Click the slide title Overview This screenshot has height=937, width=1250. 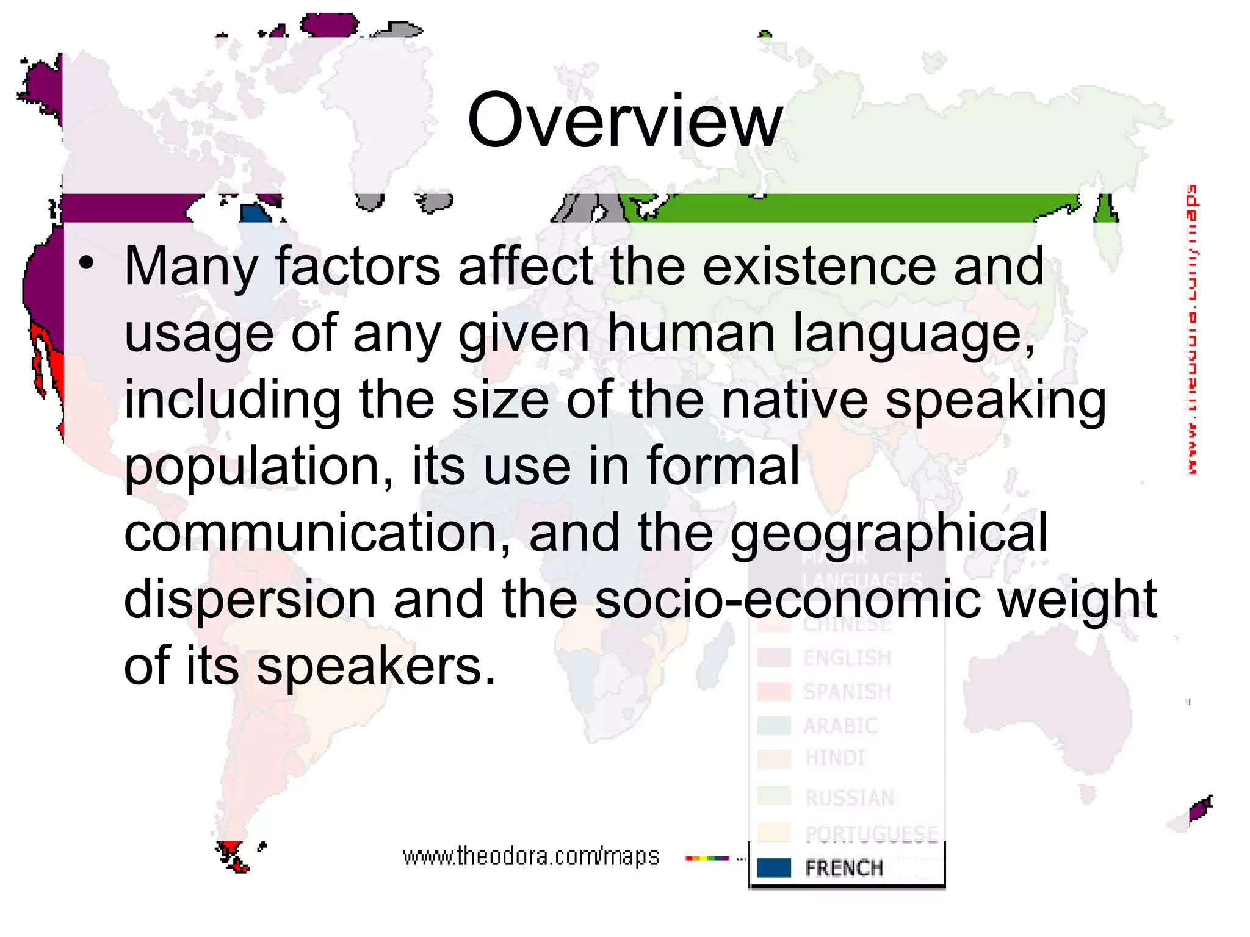(x=624, y=120)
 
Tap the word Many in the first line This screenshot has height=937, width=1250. (x=190, y=267)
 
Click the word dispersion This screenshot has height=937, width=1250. (x=250, y=599)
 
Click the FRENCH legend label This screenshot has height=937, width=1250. (x=844, y=867)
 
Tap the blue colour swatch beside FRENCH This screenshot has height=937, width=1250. (x=774, y=867)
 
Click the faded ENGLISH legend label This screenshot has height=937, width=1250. (x=847, y=658)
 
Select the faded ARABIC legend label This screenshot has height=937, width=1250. (x=840, y=726)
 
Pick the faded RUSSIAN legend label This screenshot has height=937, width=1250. (x=850, y=798)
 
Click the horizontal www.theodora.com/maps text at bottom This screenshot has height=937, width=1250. (x=531, y=856)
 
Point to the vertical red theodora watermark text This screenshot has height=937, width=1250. (x=1191, y=329)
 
